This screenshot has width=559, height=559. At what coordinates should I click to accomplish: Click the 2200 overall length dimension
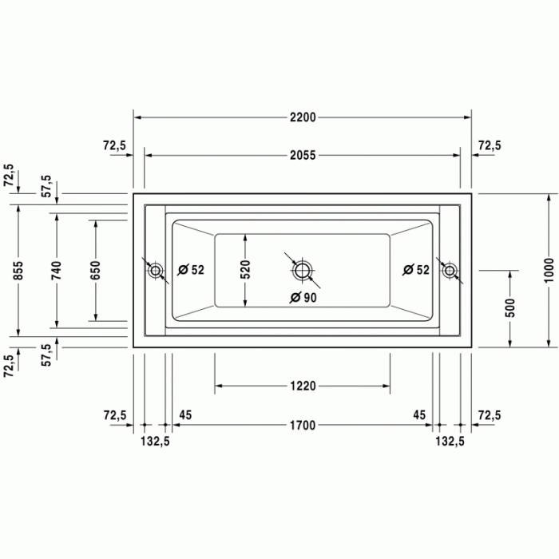click(303, 117)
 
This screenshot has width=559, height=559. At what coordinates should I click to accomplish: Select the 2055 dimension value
click(303, 156)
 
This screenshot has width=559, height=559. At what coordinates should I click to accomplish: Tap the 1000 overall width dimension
click(548, 271)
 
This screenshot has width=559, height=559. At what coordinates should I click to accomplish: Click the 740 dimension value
click(57, 271)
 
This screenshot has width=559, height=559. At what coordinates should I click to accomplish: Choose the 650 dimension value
click(96, 271)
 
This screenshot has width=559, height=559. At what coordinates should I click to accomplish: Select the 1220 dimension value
click(303, 387)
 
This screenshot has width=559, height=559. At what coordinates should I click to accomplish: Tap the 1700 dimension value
click(303, 425)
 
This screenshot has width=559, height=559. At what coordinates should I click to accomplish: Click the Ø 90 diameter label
click(303, 298)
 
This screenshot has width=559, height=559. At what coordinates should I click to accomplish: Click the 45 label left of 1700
click(185, 414)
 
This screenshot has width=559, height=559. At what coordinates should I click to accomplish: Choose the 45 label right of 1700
click(419, 414)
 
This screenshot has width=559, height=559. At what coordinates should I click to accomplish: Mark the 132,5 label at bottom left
click(156, 441)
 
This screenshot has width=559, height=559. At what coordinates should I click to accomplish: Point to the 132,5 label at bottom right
click(450, 441)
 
